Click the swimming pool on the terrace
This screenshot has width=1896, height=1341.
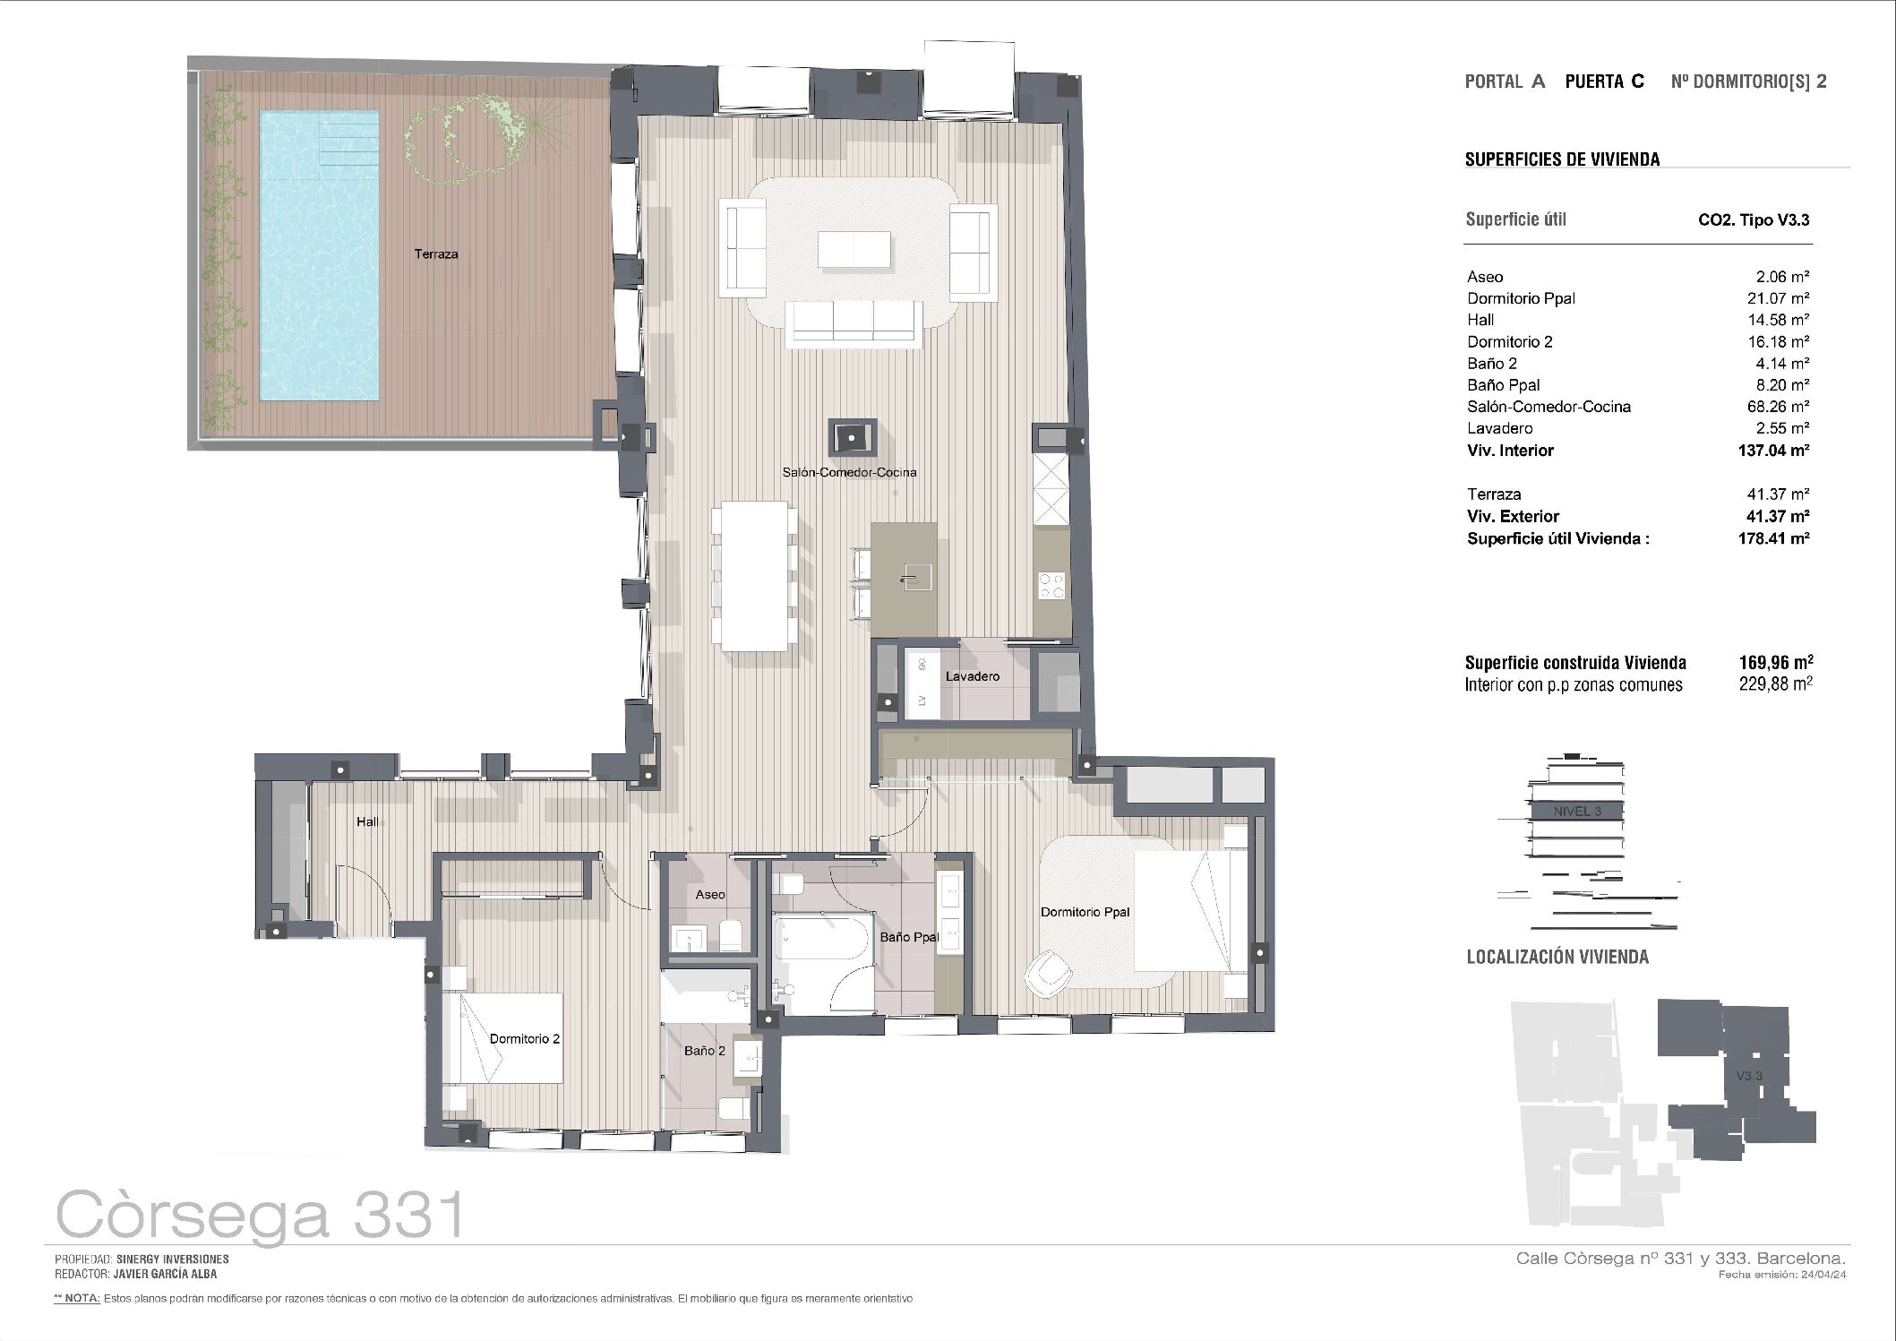318,254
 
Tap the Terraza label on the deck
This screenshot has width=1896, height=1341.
436,254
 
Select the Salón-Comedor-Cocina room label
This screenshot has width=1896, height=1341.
849,472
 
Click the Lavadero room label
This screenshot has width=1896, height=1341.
972,676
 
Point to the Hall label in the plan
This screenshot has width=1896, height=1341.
367,821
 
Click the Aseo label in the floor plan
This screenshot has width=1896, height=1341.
710,894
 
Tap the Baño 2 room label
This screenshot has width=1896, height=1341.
705,1051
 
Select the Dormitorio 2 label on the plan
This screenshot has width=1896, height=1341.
525,1039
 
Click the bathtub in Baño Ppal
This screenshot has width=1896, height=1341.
822,964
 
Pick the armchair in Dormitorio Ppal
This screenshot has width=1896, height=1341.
1050,974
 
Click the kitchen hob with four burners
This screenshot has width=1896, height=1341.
1051,585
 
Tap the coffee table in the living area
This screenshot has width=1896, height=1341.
854,250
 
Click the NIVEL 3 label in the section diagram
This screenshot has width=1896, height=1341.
1577,812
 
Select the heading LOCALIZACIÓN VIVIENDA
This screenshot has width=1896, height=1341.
1557,957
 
